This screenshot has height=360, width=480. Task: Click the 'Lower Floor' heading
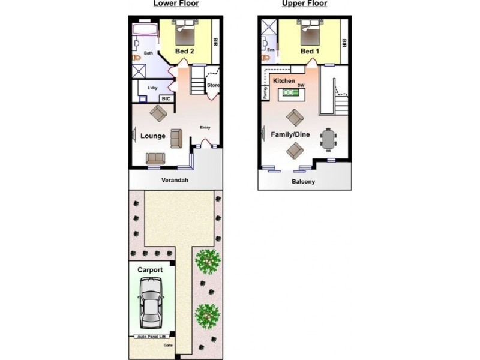pos(176,4)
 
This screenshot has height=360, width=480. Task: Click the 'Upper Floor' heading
pos(304,4)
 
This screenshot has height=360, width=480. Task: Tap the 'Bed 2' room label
pos(184,52)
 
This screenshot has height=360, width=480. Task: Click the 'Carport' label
pos(150,270)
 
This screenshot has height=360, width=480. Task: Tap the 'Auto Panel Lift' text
pos(150,336)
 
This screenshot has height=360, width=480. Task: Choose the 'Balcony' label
pos(304,182)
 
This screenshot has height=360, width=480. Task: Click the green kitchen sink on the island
pos(290,93)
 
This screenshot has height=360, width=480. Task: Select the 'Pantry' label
pos(265,92)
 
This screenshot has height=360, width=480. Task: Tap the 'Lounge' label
pos(153,136)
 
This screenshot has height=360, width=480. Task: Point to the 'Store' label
pos(213,85)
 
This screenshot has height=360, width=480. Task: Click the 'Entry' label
pos(205,127)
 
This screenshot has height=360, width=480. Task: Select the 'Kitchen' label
pos(283,80)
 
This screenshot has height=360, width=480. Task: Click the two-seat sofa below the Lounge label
pos(155,158)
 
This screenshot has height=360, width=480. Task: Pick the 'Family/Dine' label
pos(290,134)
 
